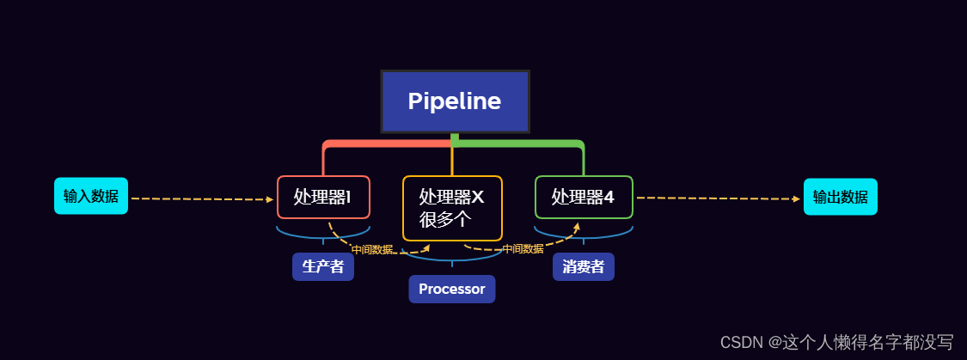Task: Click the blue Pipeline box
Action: tap(455, 101)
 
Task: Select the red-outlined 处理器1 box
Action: tap(323, 198)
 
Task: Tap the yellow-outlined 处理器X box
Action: tap(452, 208)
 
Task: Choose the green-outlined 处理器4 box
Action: tap(584, 198)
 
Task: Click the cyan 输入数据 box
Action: tap(91, 196)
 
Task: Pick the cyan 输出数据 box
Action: tap(840, 197)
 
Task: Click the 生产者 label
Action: tap(323, 266)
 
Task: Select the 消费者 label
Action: tap(583, 266)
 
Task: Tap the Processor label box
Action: tap(452, 290)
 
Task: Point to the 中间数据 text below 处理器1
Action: tap(372, 249)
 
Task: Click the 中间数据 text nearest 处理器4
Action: tap(523, 248)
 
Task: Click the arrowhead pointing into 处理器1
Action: tap(269, 199)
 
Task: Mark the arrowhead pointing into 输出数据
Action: tap(796, 198)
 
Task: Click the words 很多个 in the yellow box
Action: tap(444, 219)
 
